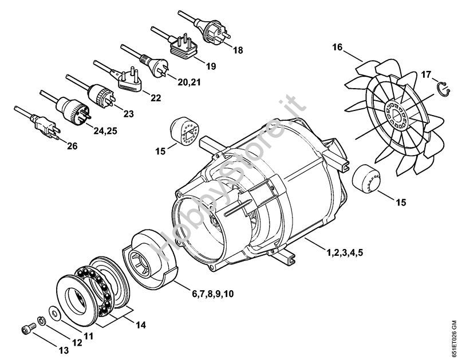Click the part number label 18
click(x=238, y=50)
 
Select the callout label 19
click(x=211, y=66)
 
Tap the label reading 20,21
click(x=189, y=82)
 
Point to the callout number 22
click(x=156, y=98)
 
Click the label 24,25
click(x=105, y=131)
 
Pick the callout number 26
click(x=72, y=146)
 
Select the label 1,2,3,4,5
click(x=345, y=252)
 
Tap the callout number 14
click(x=140, y=325)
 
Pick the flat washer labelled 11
click(x=54, y=313)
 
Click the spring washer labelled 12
click(x=41, y=321)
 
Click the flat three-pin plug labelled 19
click(x=183, y=46)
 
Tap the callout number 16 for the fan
click(x=337, y=47)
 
